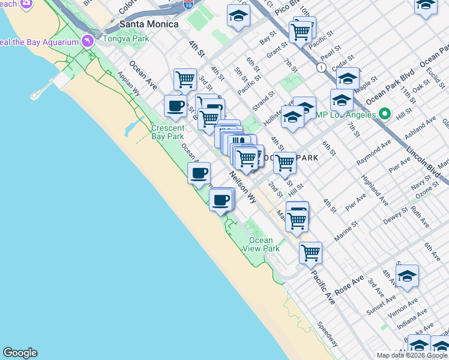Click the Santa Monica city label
[x=149, y=23]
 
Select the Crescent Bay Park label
[x=167, y=132]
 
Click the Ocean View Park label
[x=264, y=244]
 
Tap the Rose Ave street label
[x=349, y=285]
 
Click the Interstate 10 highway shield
[x=188, y=4]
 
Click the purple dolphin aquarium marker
[x=88, y=41]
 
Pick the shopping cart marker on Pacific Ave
[x=310, y=253]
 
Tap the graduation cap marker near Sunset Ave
[x=407, y=276]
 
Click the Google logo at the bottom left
[x=20, y=353]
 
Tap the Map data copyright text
[x=412, y=355]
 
